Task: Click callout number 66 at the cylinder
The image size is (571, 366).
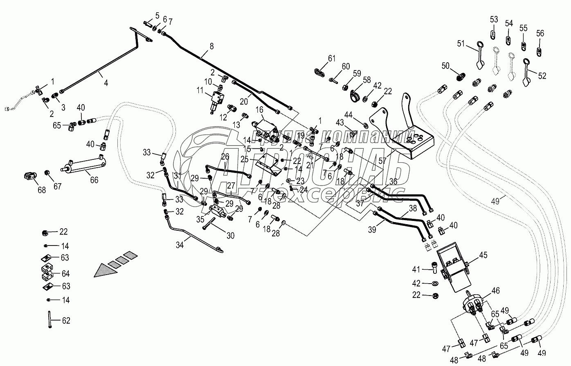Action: point(94,180)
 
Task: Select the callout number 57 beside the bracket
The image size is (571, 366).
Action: point(382,161)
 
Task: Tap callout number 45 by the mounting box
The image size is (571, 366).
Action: point(483,255)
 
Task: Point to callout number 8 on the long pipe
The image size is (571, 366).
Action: point(211,46)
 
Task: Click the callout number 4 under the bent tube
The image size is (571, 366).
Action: point(106,82)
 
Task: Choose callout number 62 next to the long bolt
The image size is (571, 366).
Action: point(65,320)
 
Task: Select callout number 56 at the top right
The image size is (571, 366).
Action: point(540,33)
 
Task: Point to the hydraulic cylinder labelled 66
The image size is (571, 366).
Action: point(84,165)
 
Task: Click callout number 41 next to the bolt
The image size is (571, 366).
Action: point(416,269)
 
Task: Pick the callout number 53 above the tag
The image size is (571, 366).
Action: point(494,19)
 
